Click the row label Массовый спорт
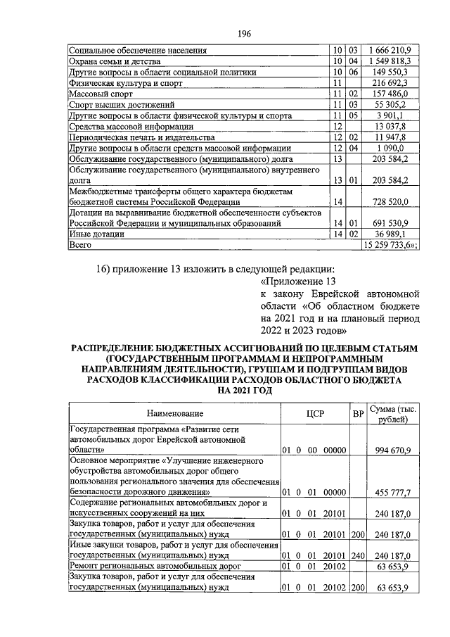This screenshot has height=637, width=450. (x=99, y=93)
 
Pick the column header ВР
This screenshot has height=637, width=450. (x=357, y=414)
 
